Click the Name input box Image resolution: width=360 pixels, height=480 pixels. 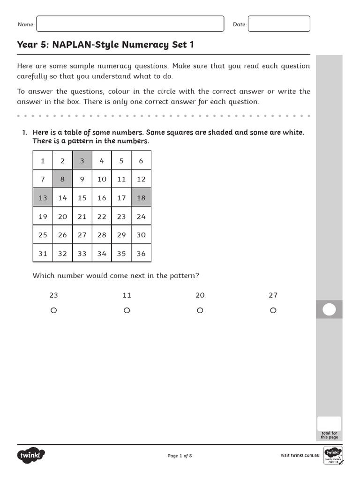[130, 24]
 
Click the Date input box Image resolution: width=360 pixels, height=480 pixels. [278, 24]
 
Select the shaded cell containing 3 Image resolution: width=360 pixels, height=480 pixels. [82, 161]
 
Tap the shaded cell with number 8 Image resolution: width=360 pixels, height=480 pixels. [62, 179]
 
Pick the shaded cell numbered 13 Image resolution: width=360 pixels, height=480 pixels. [43, 198]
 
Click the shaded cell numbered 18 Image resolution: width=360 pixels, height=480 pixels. [141, 198]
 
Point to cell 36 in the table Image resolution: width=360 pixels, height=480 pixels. [141, 254]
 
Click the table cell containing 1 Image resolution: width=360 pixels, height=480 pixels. [43, 161]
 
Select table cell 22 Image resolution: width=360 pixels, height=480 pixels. [102, 217]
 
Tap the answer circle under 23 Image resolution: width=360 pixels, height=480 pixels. [53, 310]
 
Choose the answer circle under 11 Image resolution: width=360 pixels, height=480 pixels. [127, 310]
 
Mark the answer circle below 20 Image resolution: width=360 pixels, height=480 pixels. [200, 310]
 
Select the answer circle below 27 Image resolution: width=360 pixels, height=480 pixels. [273, 310]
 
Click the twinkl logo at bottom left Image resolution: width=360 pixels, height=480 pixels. [31, 455]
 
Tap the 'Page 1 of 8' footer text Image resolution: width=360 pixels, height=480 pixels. [180, 456]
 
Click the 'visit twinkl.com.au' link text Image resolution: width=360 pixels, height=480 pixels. [300, 456]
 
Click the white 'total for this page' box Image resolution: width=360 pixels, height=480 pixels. [329, 423]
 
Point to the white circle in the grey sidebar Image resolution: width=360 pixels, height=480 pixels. [330, 310]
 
